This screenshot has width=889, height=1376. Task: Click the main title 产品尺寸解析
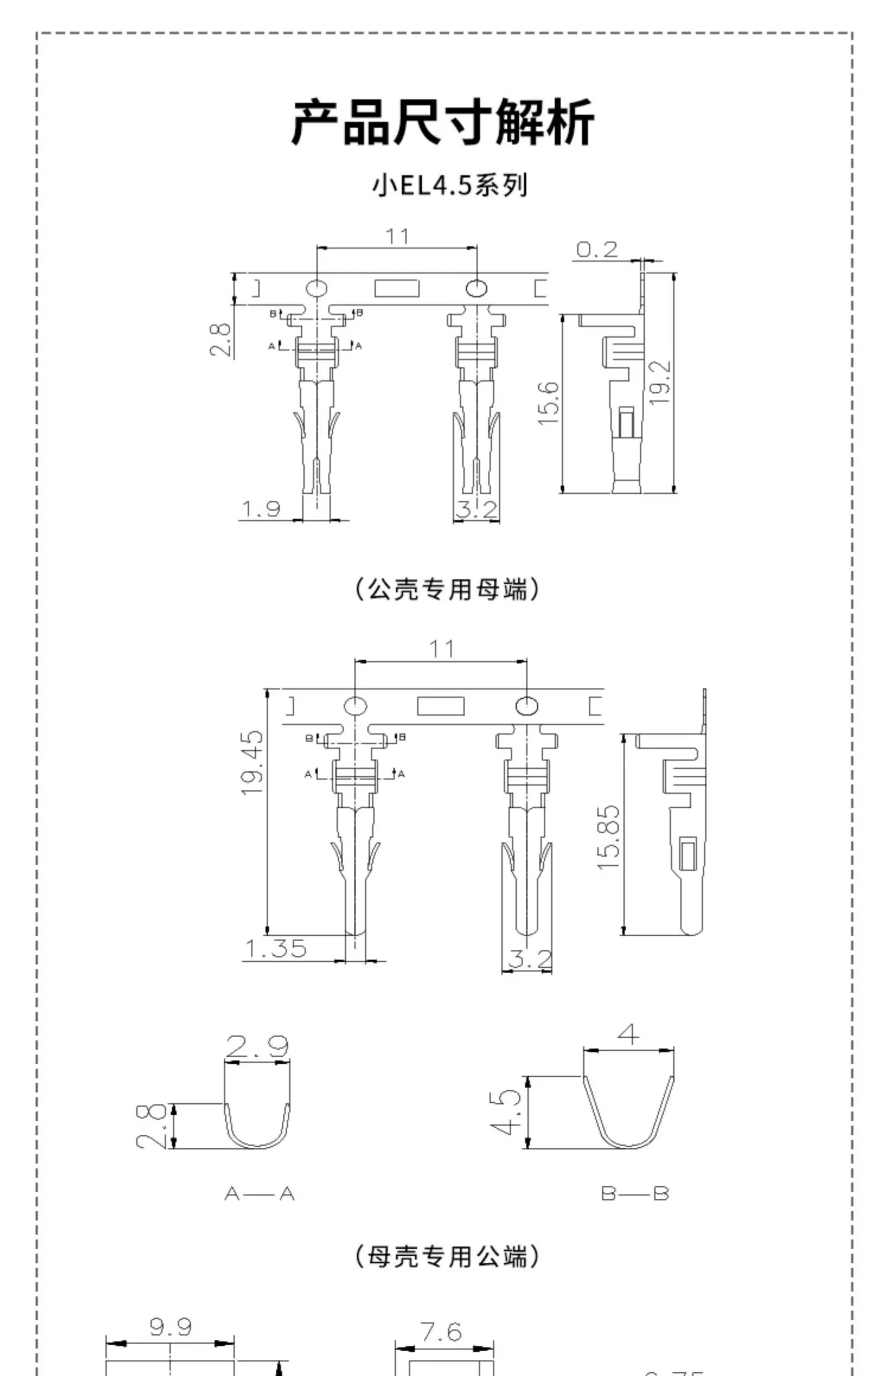[443, 123]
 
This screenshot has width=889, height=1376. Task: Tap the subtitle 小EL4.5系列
[449, 185]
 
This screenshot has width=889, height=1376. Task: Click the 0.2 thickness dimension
[596, 249]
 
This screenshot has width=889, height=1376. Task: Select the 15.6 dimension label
[549, 404]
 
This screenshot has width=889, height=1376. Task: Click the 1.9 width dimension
[261, 508]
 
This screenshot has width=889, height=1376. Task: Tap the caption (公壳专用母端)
[447, 589]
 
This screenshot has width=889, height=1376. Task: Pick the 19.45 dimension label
[252, 763]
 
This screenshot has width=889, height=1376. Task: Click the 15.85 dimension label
[608, 838]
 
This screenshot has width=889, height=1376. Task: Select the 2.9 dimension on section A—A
[257, 1047]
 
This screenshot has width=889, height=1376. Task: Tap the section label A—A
[260, 1193]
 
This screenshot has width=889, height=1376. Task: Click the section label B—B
[635, 1193]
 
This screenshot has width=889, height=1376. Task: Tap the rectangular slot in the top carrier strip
[396, 289]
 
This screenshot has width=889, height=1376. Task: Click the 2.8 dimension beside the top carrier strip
[220, 339]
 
